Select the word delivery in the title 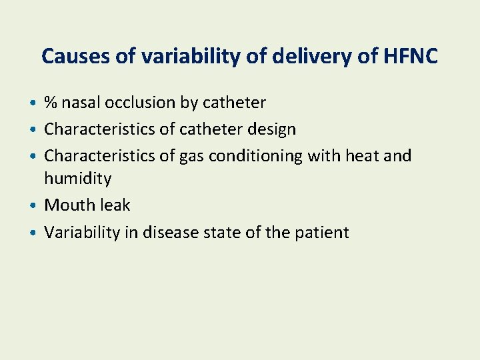[x=301, y=56]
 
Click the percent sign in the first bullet [x=51, y=103]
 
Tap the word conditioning [x=256, y=156]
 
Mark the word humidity [x=77, y=179]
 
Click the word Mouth [x=67, y=205]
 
